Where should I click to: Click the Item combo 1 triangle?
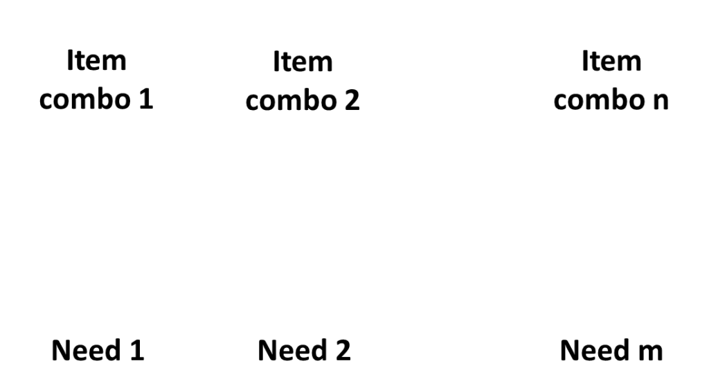tap(97, 83)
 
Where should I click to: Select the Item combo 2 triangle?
tap(303, 83)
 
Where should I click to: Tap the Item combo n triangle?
tap(611, 83)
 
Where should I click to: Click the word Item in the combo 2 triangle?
tap(303, 62)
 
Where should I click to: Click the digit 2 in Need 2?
tap(341, 351)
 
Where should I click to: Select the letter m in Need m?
tap(649, 351)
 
